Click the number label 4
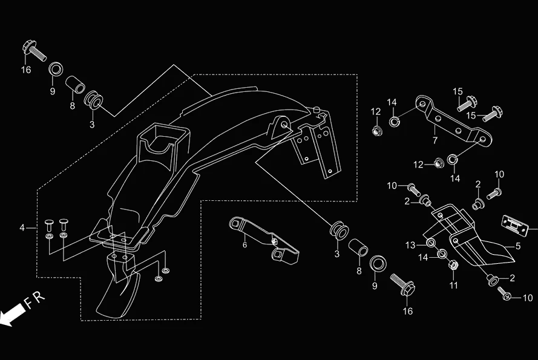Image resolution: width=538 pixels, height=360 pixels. coord(22,228)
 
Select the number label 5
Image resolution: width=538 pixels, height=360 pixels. coord(517,246)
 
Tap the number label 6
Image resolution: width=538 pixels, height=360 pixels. coord(244,245)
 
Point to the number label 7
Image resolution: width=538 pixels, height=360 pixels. coord(435,140)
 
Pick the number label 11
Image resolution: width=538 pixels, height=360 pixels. coord(454,284)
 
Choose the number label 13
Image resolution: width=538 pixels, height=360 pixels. coord(411,244)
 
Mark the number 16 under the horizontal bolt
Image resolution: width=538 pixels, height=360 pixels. coord(26,70)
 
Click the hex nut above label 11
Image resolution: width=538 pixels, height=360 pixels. coord(453,264)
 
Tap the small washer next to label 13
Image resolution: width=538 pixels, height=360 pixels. coord(430,243)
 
